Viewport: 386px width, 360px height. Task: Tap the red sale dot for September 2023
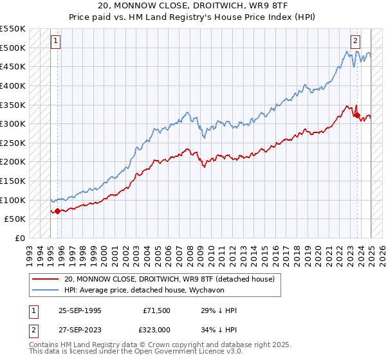[357, 116]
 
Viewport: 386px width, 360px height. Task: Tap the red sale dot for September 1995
[58, 210]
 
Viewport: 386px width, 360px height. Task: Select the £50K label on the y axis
[15, 219]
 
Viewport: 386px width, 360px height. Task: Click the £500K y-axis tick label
[13, 48]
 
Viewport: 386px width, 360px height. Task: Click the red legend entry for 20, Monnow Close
[169, 279]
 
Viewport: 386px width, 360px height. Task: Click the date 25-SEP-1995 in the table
[80, 310]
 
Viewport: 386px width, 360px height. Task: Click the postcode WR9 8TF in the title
[274, 5]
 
